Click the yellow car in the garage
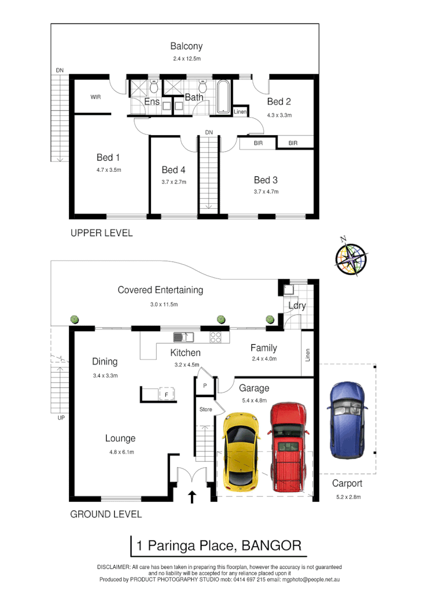[241, 451]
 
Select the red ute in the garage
[287, 449]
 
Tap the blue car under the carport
[346, 419]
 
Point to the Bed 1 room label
[108, 157]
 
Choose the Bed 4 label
[173, 170]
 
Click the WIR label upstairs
[96, 98]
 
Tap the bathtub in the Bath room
[223, 98]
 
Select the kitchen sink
[184, 337]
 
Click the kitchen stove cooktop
[217, 337]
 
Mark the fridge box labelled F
[166, 394]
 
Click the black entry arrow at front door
[192, 497]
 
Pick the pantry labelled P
[205, 386]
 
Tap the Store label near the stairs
[206, 409]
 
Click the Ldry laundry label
[297, 305]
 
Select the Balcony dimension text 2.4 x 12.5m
[188, 59]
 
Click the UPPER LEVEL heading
[101, 233]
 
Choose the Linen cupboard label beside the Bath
[240, 112]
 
